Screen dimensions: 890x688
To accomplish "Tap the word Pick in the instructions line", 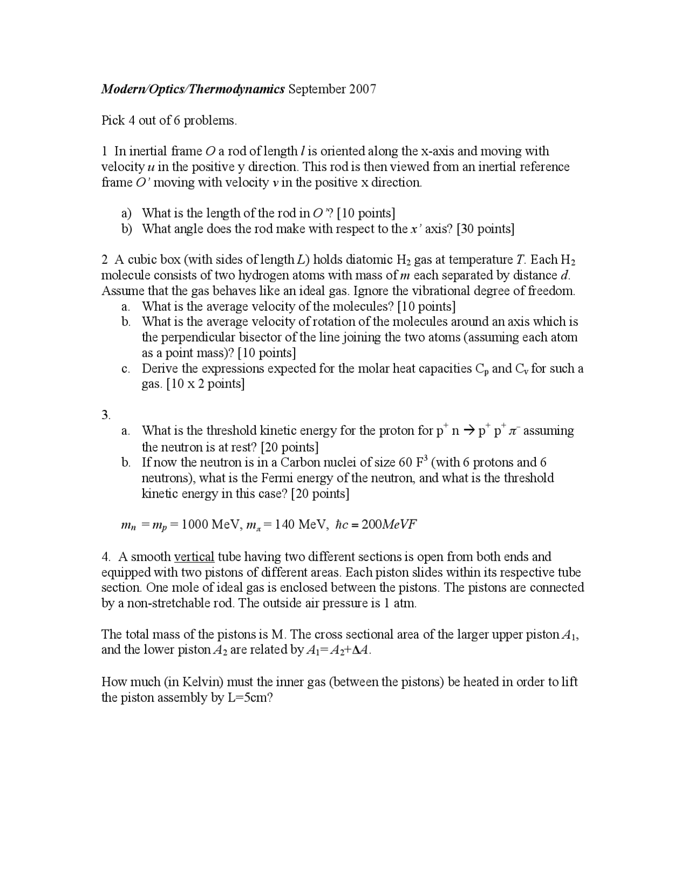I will coord(113,120).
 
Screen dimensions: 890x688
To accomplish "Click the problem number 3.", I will coord(106,415).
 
